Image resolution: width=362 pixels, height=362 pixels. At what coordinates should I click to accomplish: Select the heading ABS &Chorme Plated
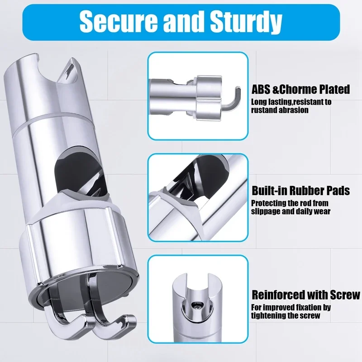point(300,89)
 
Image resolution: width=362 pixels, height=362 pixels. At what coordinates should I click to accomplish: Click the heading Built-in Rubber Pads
point(300,191)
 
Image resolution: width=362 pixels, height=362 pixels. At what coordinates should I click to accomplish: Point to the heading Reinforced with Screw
point(306,295)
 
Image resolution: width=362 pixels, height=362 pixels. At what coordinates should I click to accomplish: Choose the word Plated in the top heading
point(333,89)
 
